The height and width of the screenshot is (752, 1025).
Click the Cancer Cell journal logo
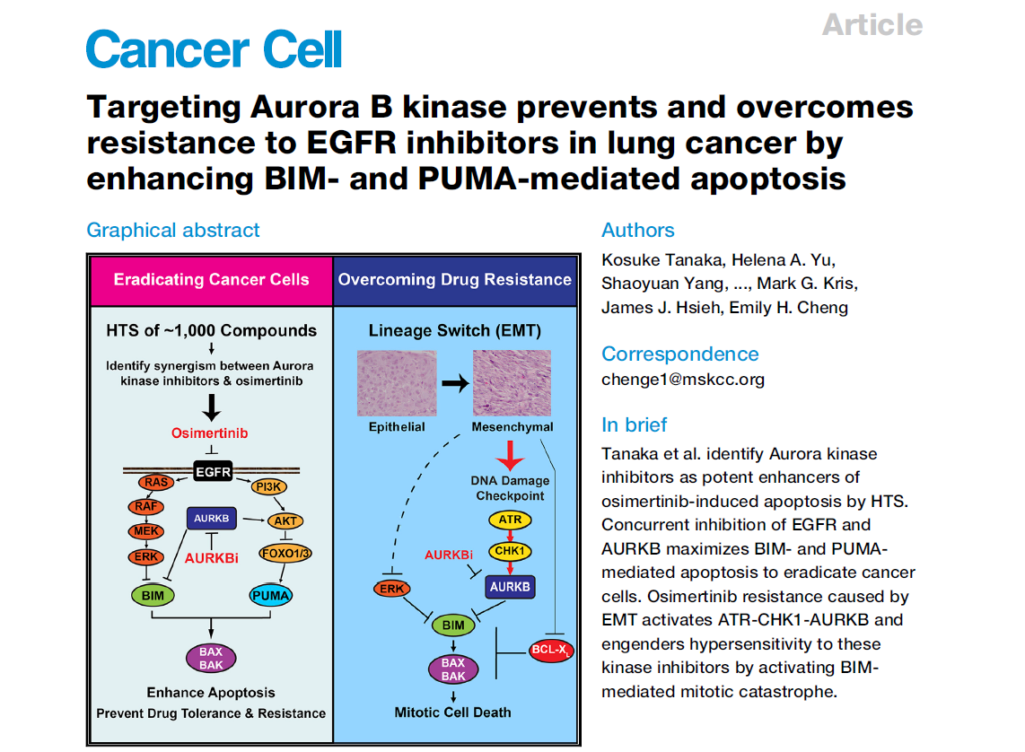[x=214, y=48]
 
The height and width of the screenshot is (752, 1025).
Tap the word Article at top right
[x=872, y=24]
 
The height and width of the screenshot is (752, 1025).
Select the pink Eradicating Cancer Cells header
[x=211, y=280]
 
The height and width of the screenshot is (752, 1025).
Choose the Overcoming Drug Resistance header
[x=454, y=279]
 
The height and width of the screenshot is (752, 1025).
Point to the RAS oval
[x=155, y=483]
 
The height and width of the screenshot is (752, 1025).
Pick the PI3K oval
[x=268, y=487]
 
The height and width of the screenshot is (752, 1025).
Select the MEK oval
[x=146, y=532]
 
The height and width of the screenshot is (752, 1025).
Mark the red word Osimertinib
[x=209, y=433]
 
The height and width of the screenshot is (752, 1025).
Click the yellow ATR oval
[x=509, y=520]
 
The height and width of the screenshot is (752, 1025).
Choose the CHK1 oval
[x=509, y=550]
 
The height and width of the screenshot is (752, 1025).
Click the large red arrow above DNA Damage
[x=510, y=455]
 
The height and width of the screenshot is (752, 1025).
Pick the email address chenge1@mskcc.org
[x=683, y=379]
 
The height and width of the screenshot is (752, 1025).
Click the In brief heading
[x=635, y=424]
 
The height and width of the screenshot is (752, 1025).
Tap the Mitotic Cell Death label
[x=453, y=713]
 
